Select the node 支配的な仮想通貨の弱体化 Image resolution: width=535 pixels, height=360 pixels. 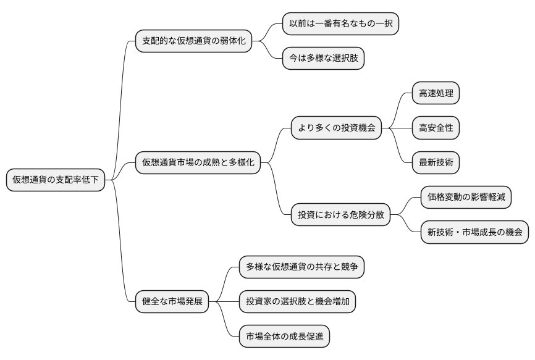(193, 41)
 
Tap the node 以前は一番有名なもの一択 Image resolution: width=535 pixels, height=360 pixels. (340, 24)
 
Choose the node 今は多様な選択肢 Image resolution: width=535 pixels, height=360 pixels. (323, 59)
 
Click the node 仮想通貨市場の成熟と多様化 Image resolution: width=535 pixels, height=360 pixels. (198, 163)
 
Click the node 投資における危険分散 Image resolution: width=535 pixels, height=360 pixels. (341, 215)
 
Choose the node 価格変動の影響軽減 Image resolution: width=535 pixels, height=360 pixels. (466, 198)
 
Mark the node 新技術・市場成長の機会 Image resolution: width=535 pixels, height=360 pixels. (474, 232)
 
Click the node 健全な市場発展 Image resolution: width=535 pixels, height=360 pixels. (172, 302)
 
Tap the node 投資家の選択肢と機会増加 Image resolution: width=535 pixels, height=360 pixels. (298, 302)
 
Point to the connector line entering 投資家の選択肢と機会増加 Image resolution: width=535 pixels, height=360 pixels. (224, 302)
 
